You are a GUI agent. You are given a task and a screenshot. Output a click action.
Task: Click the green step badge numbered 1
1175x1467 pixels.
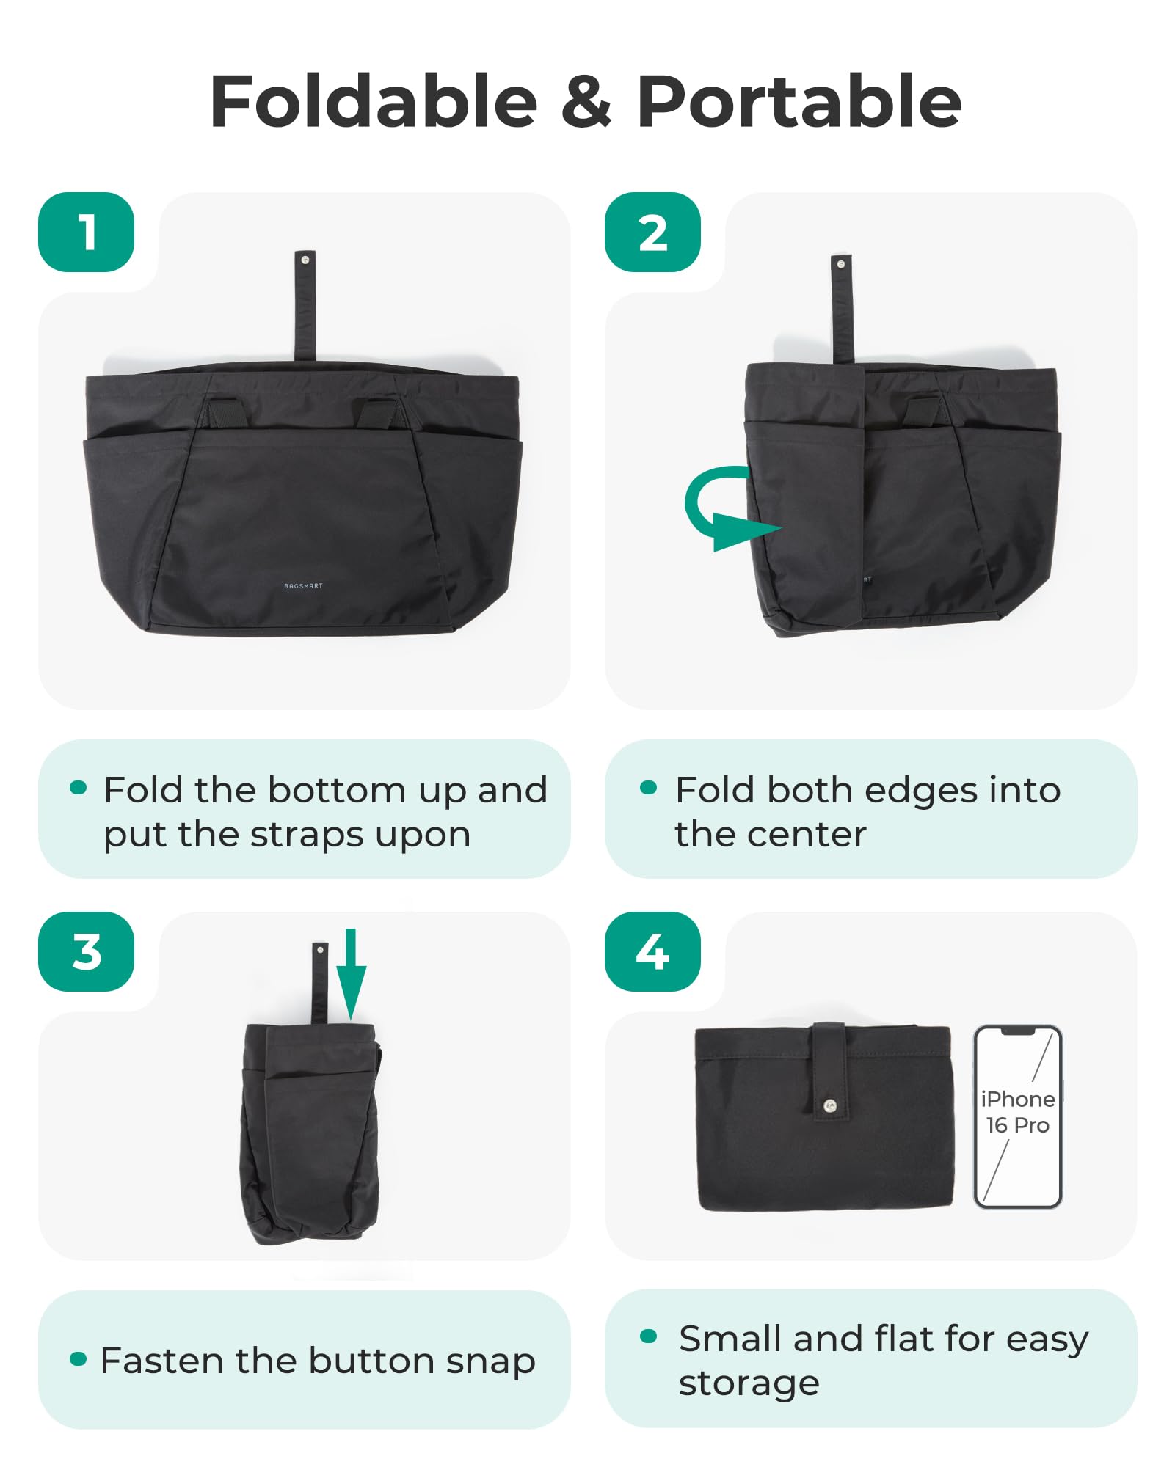[86, 233]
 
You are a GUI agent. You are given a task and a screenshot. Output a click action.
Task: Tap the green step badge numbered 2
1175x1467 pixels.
[652, 233]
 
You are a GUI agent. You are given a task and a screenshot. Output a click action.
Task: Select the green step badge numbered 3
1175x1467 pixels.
[86, 952]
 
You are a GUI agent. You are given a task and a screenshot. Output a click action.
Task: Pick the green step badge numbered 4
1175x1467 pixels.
[652, 952]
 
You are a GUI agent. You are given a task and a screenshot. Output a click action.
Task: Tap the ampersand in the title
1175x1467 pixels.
[586, 103]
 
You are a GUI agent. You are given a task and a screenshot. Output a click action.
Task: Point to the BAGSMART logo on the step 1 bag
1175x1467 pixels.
[303, 586]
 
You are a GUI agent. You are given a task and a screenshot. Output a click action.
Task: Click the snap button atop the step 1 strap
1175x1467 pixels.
[305, 260]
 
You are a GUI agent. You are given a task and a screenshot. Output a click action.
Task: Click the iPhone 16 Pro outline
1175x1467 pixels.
[1017, 1116]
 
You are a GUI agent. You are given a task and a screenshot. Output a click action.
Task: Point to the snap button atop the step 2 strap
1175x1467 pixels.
[841, 264]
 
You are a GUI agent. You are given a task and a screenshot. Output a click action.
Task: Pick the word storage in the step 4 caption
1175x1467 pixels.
[749, 1383]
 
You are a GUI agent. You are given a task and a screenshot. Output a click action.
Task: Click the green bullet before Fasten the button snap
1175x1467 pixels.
[78, 1358]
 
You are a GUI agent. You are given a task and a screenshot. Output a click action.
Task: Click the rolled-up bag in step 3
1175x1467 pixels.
[310, 1130]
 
